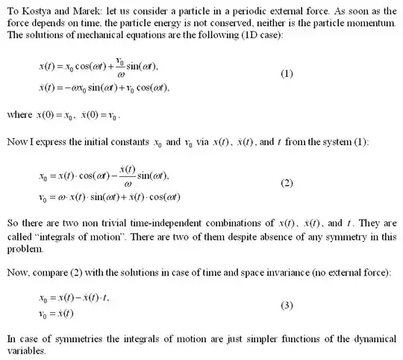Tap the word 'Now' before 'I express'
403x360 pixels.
point(16,140)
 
